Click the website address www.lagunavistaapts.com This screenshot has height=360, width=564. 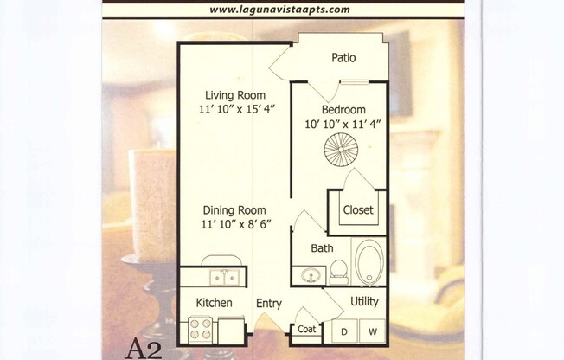point(280,10)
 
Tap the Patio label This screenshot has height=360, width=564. point(344,58)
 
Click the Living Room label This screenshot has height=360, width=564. point(235,95)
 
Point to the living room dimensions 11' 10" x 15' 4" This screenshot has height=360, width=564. point(235,111)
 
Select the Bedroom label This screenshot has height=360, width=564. point(343,110)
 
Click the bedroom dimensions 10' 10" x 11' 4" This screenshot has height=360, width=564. point(344,124)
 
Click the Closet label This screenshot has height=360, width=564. point(357,209)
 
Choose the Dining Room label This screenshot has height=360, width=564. point(234,210)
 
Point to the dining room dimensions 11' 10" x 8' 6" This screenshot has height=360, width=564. point(234,226)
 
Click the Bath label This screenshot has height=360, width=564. point(322,248)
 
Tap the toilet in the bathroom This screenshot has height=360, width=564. point(339,271)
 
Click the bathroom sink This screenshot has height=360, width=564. point(311,274)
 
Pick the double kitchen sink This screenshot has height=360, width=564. point(223,277)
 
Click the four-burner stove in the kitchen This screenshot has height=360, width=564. point(201,330)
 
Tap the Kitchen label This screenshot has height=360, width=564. point(214,303)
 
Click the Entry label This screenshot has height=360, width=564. point(268,303)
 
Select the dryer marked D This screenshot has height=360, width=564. point(343,331)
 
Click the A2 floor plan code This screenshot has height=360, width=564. point(144,349)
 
